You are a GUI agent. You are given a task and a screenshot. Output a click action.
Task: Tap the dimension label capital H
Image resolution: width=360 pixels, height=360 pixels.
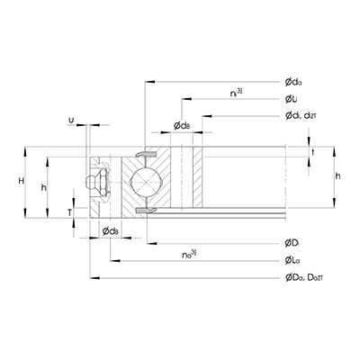21,183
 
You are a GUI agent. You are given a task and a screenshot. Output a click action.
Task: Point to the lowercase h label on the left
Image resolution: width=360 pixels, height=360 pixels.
44,187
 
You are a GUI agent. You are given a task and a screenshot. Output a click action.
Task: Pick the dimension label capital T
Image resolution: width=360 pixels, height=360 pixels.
70,211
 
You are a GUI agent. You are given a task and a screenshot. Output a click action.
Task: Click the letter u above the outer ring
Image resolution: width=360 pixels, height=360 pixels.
71,119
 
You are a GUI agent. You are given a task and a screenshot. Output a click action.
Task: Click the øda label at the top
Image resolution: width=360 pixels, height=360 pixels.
293,81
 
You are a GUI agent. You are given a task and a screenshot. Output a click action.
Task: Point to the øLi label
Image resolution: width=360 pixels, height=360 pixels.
292,98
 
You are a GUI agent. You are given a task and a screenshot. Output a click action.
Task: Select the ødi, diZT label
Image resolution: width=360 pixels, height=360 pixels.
301,115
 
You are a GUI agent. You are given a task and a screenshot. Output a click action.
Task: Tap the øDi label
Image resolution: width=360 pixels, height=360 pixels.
292,244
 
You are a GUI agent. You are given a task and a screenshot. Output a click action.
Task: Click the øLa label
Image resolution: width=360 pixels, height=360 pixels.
292,261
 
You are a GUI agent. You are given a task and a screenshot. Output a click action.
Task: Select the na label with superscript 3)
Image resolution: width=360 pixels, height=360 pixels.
189,255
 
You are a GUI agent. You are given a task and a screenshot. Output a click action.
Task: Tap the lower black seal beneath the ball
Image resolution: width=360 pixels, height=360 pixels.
145,210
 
